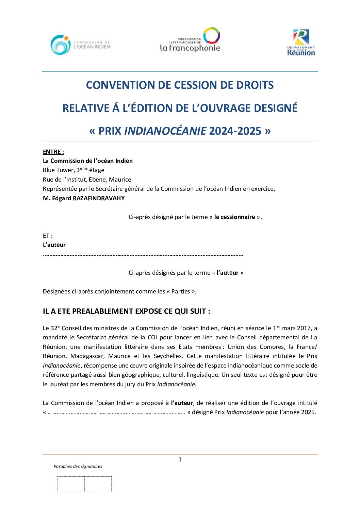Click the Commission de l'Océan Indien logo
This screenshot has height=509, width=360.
[x=80, y=45]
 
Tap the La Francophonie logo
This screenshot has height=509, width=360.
[x=190, y=40]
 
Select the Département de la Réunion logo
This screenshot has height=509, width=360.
[x=301, y=43]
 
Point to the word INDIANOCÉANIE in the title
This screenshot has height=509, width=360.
[x=165, y=131]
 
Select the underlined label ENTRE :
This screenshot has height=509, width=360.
[x=53, y=152]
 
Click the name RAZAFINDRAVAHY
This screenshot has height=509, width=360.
[x=99, y=198]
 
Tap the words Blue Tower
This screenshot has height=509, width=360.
[x=58, y=170]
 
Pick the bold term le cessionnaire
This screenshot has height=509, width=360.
[x=234, y=217]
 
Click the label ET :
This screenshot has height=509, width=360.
[x=48, y=236]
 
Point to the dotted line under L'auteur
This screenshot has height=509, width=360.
[x=143, y=255]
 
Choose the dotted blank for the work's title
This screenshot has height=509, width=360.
[x=116, y=412]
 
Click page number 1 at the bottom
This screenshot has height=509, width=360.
[x=180, y=459]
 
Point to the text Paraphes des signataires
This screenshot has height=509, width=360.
[x=78, y=466]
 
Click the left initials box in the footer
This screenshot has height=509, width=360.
[x=71, y=484]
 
